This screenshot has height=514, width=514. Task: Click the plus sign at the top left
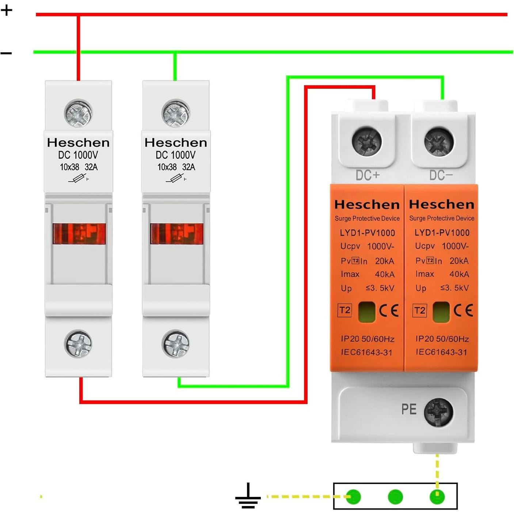[7, 10]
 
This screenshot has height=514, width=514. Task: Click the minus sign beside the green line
[6, 53]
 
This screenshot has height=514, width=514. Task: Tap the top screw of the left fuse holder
[78, 113]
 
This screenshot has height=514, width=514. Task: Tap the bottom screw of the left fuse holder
[78, 344]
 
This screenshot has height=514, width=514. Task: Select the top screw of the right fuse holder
[176, 113]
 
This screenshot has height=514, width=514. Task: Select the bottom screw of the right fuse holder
[176, 344]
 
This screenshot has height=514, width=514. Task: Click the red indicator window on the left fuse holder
[79, 234]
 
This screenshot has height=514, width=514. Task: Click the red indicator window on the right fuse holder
[177, 234]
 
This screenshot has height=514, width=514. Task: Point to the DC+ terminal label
[368, 175]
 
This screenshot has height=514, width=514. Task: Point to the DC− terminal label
[441, 175]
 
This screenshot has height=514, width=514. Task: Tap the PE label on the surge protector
[409, 409]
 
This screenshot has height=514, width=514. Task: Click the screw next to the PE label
[438, 412]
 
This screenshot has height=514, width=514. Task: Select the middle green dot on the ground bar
[395, 497]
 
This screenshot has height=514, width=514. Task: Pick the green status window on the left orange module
[367, 312]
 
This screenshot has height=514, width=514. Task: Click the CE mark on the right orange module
[463, 311]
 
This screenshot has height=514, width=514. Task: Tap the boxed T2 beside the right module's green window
[419, 311]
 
